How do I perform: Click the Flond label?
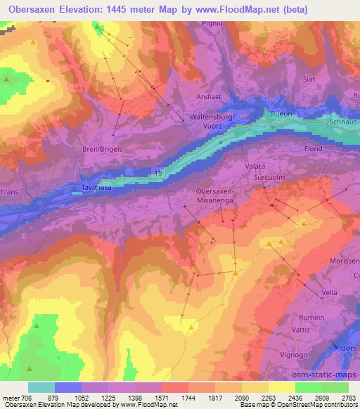pos(313,149)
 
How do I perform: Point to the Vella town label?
pos(330,292)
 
